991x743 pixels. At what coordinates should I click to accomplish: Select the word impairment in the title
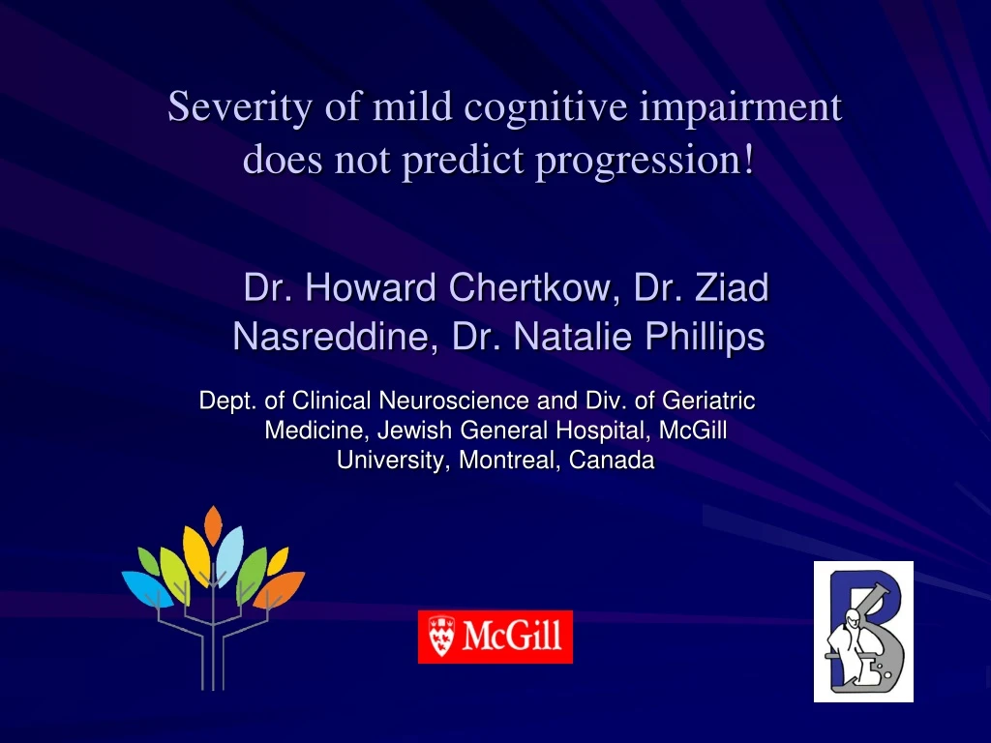tap(740, 106)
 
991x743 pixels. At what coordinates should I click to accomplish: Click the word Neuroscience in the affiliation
tap(454, 401)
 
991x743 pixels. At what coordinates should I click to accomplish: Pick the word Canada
tap(612, 461)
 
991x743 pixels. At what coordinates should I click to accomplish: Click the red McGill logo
tap(495, 637)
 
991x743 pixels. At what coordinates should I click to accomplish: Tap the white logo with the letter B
tap(863, 631)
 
